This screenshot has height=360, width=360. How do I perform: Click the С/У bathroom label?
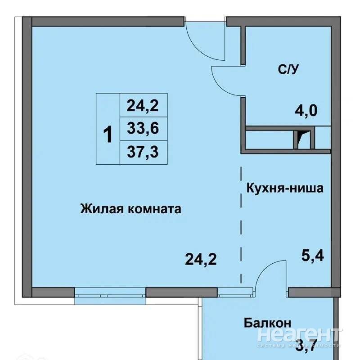point(288,69)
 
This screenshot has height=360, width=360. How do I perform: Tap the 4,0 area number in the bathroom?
point(306,111)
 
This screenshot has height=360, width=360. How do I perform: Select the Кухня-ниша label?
point(285,188)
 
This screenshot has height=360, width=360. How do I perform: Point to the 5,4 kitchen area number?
point(312,256)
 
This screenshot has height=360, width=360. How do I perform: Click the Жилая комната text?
point(130,209)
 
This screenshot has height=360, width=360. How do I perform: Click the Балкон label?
point(267,323)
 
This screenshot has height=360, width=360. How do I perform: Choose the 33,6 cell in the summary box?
point(143,128)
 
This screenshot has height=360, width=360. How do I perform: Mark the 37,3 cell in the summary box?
point(143,152)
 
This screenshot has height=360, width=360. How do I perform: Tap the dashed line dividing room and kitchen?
point(241,225)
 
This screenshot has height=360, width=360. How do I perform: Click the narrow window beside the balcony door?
point(235,292)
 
